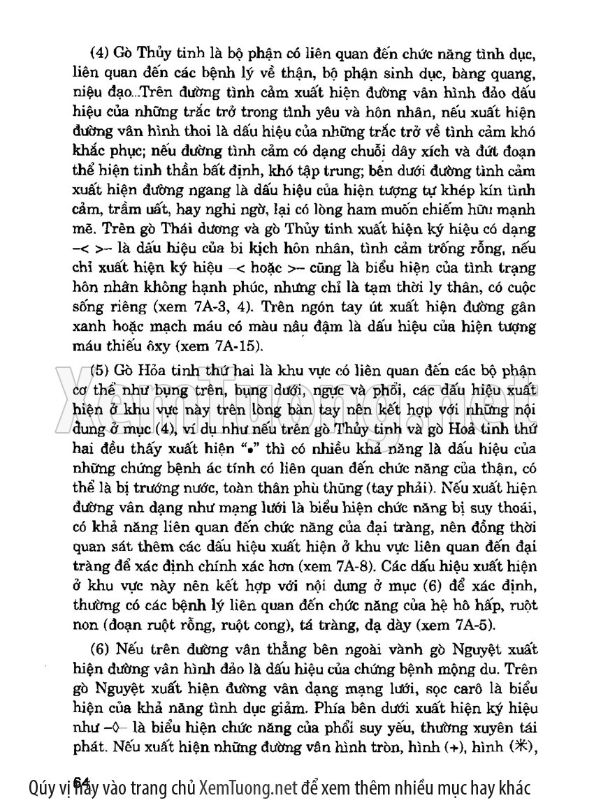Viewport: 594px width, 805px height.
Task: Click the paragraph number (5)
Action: tap(101, 369)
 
